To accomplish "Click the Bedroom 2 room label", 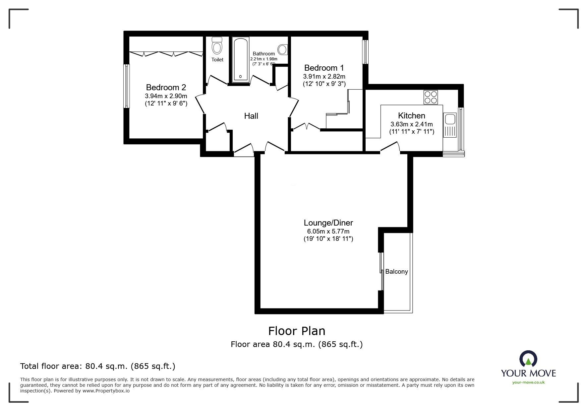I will click(x=166, y=87).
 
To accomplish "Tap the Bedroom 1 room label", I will click(x=324, y=68).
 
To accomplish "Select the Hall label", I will click(x=251, y=116).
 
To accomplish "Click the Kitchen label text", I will click(x=411, y=116).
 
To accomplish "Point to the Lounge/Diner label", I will click(x=328, y=223).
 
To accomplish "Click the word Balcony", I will click(x=396, y=272).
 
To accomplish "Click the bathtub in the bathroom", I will click(x=240, y=60).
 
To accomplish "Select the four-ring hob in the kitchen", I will click(x=431, y=97).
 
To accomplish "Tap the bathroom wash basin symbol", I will click(x=283, y=49).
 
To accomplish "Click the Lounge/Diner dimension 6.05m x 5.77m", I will click(x=328, y=232).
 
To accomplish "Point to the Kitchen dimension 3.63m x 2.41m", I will click(x=411, y=124).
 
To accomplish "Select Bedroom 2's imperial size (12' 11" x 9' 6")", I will click(x=166, y=103).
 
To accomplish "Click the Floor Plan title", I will click(x=296, y=331).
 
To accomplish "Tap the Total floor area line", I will click(x=98, y=366).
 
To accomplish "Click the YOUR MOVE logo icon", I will click(x=528, y=360).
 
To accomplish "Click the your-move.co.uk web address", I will click(x=528, y=382).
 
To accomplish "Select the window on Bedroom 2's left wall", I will click(x=126, y=86).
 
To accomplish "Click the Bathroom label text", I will click(x=264, y=54).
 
